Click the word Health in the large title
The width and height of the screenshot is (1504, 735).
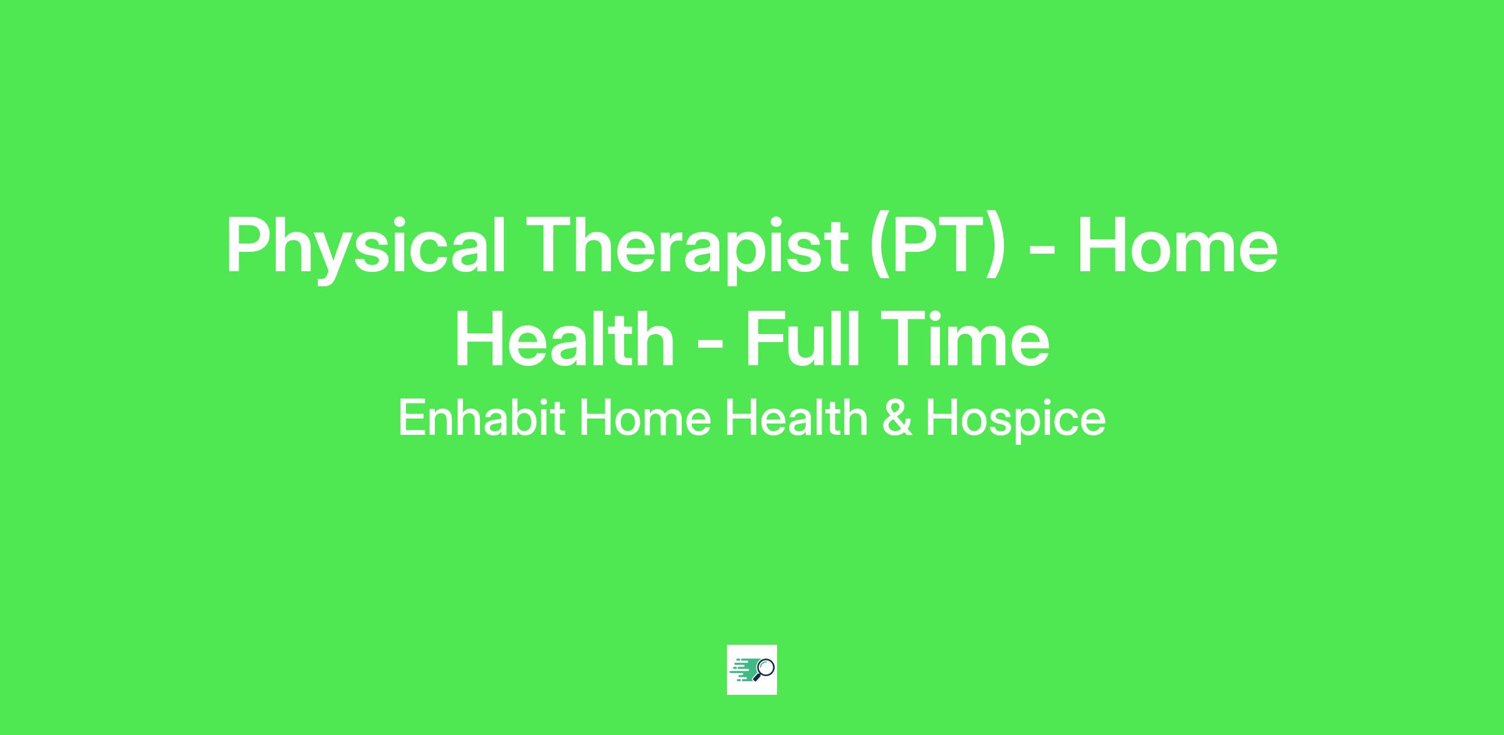(565, 339)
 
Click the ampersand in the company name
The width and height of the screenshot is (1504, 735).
(896, 418)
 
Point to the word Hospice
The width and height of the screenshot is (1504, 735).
(1015, 420)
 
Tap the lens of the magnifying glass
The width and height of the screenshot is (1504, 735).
(766, 667)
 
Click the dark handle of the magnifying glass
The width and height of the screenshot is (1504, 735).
(756, 678)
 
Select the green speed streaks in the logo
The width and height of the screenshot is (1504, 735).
(743, 670)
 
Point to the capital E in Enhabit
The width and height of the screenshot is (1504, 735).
(412, 418)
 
